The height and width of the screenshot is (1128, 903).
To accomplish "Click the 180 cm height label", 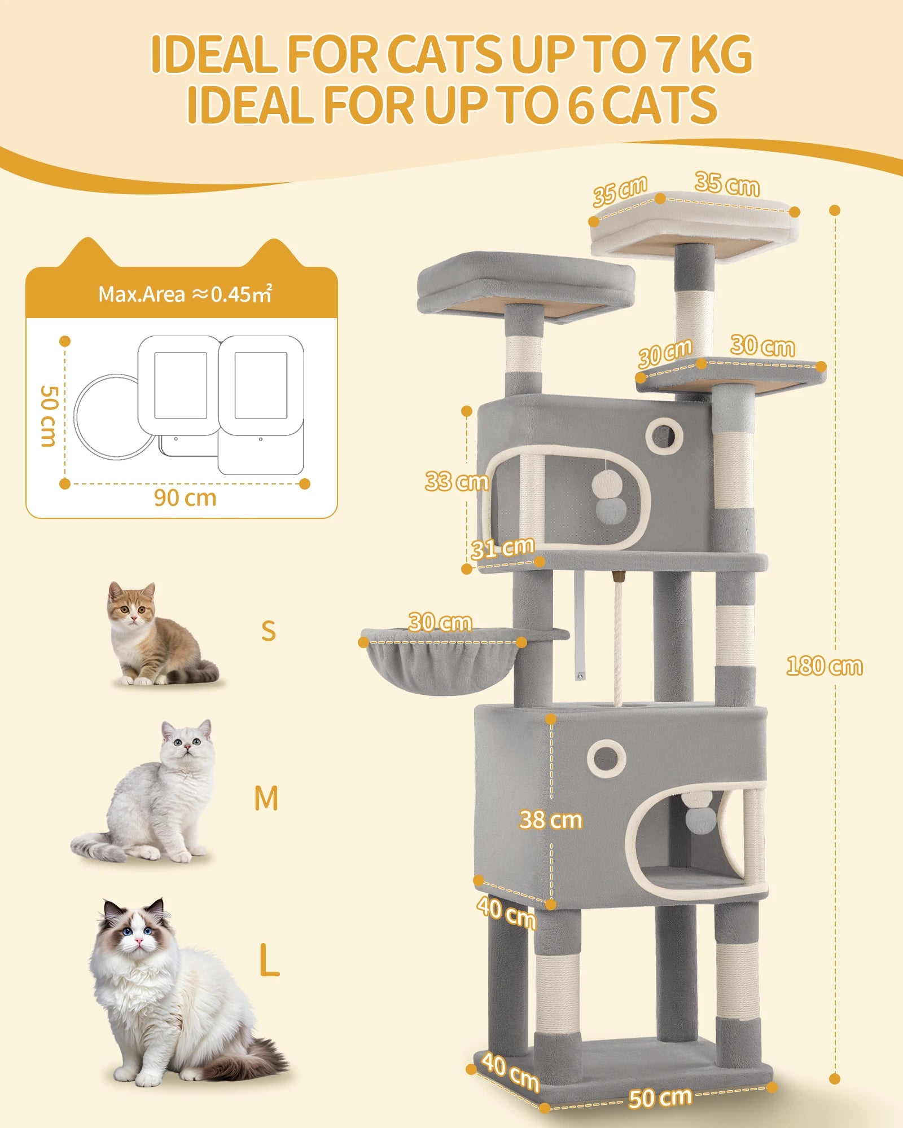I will (x=824, y=666).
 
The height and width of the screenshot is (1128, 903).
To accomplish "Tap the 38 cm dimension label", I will (x=550, y=819).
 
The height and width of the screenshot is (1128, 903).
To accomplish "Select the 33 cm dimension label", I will (x=456, y=481).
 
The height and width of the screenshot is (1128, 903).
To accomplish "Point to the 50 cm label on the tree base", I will (x=660, y=1098).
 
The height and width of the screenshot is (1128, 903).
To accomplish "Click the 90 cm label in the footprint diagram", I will (x=185, y=498).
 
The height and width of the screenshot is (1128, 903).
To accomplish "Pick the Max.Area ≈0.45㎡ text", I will (x=185, y=294).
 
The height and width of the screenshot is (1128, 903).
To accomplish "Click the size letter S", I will (x=269, y=631).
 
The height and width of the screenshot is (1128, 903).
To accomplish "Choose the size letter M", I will (x=266, y=799).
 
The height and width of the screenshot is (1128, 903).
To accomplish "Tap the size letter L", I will (x=269, y=960).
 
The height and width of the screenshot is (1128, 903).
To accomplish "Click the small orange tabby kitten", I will (x=152, y=634).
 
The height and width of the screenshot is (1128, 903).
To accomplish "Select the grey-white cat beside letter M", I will (x=152, y=795).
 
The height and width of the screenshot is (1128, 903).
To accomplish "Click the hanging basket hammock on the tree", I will (x=440, y=663).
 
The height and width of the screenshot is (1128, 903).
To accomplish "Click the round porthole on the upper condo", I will (x=664, y=435).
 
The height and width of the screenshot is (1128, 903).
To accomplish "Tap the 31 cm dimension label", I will (x=502, y=548).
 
